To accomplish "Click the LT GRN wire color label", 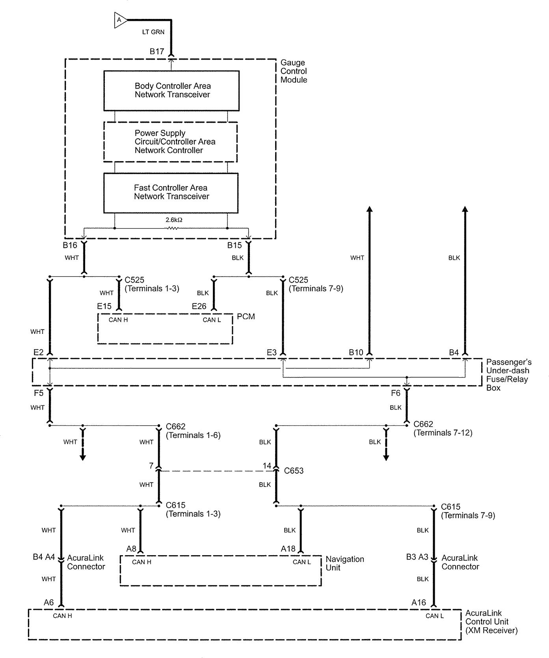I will [x=153, y=32].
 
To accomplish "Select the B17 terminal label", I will [x=157, y=51].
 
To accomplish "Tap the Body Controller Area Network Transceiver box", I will [x=171, y=91].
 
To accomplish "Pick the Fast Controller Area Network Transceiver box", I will [x=171, y=192].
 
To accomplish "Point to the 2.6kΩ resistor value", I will [x=174, y=220].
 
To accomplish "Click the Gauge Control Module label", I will [x=294, y=71].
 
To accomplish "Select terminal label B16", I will [x=70, y=246].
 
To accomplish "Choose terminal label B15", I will [x=234, y=246].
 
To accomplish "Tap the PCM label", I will [x=246, y=317].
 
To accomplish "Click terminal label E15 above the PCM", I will [x=104, y=306].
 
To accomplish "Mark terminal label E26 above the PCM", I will [x=199, y=306].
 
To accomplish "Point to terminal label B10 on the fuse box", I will [x=356, y=352].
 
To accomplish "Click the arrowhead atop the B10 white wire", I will [x=370, y=209].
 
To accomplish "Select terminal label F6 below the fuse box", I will [x=395, y=393].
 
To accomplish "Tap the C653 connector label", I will [x=294, y=471].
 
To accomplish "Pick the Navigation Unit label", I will [x=345, y=563].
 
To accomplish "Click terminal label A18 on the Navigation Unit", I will [x=288, y=548].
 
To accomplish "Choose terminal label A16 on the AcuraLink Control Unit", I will [x=419, y=602].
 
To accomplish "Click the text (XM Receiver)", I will [x=491, y=630].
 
